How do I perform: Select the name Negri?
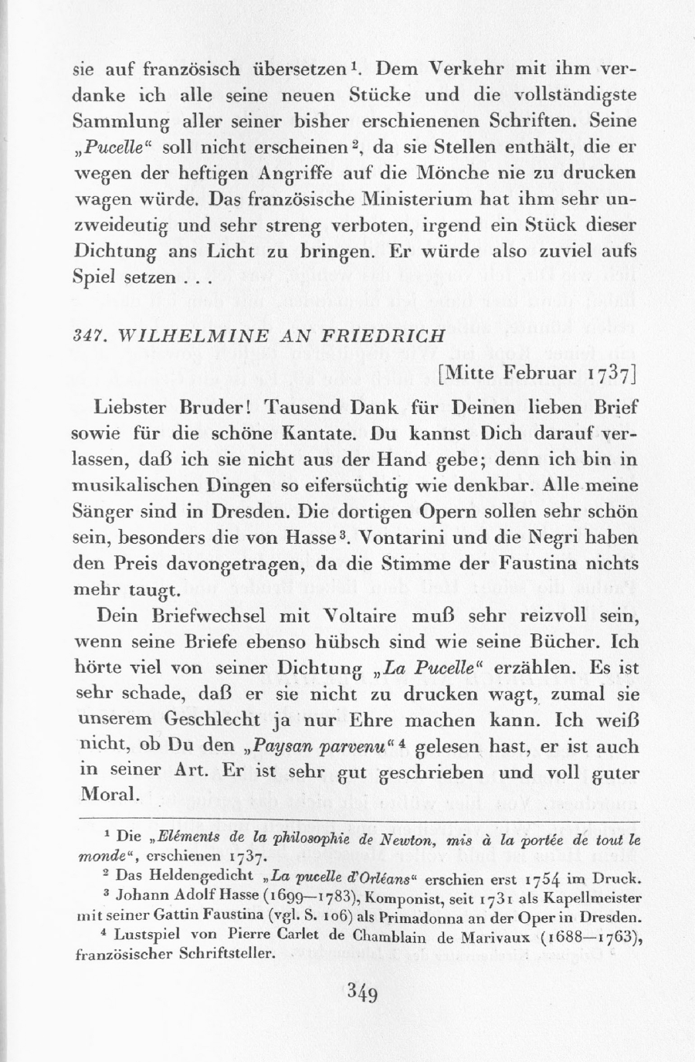(545, 538)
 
